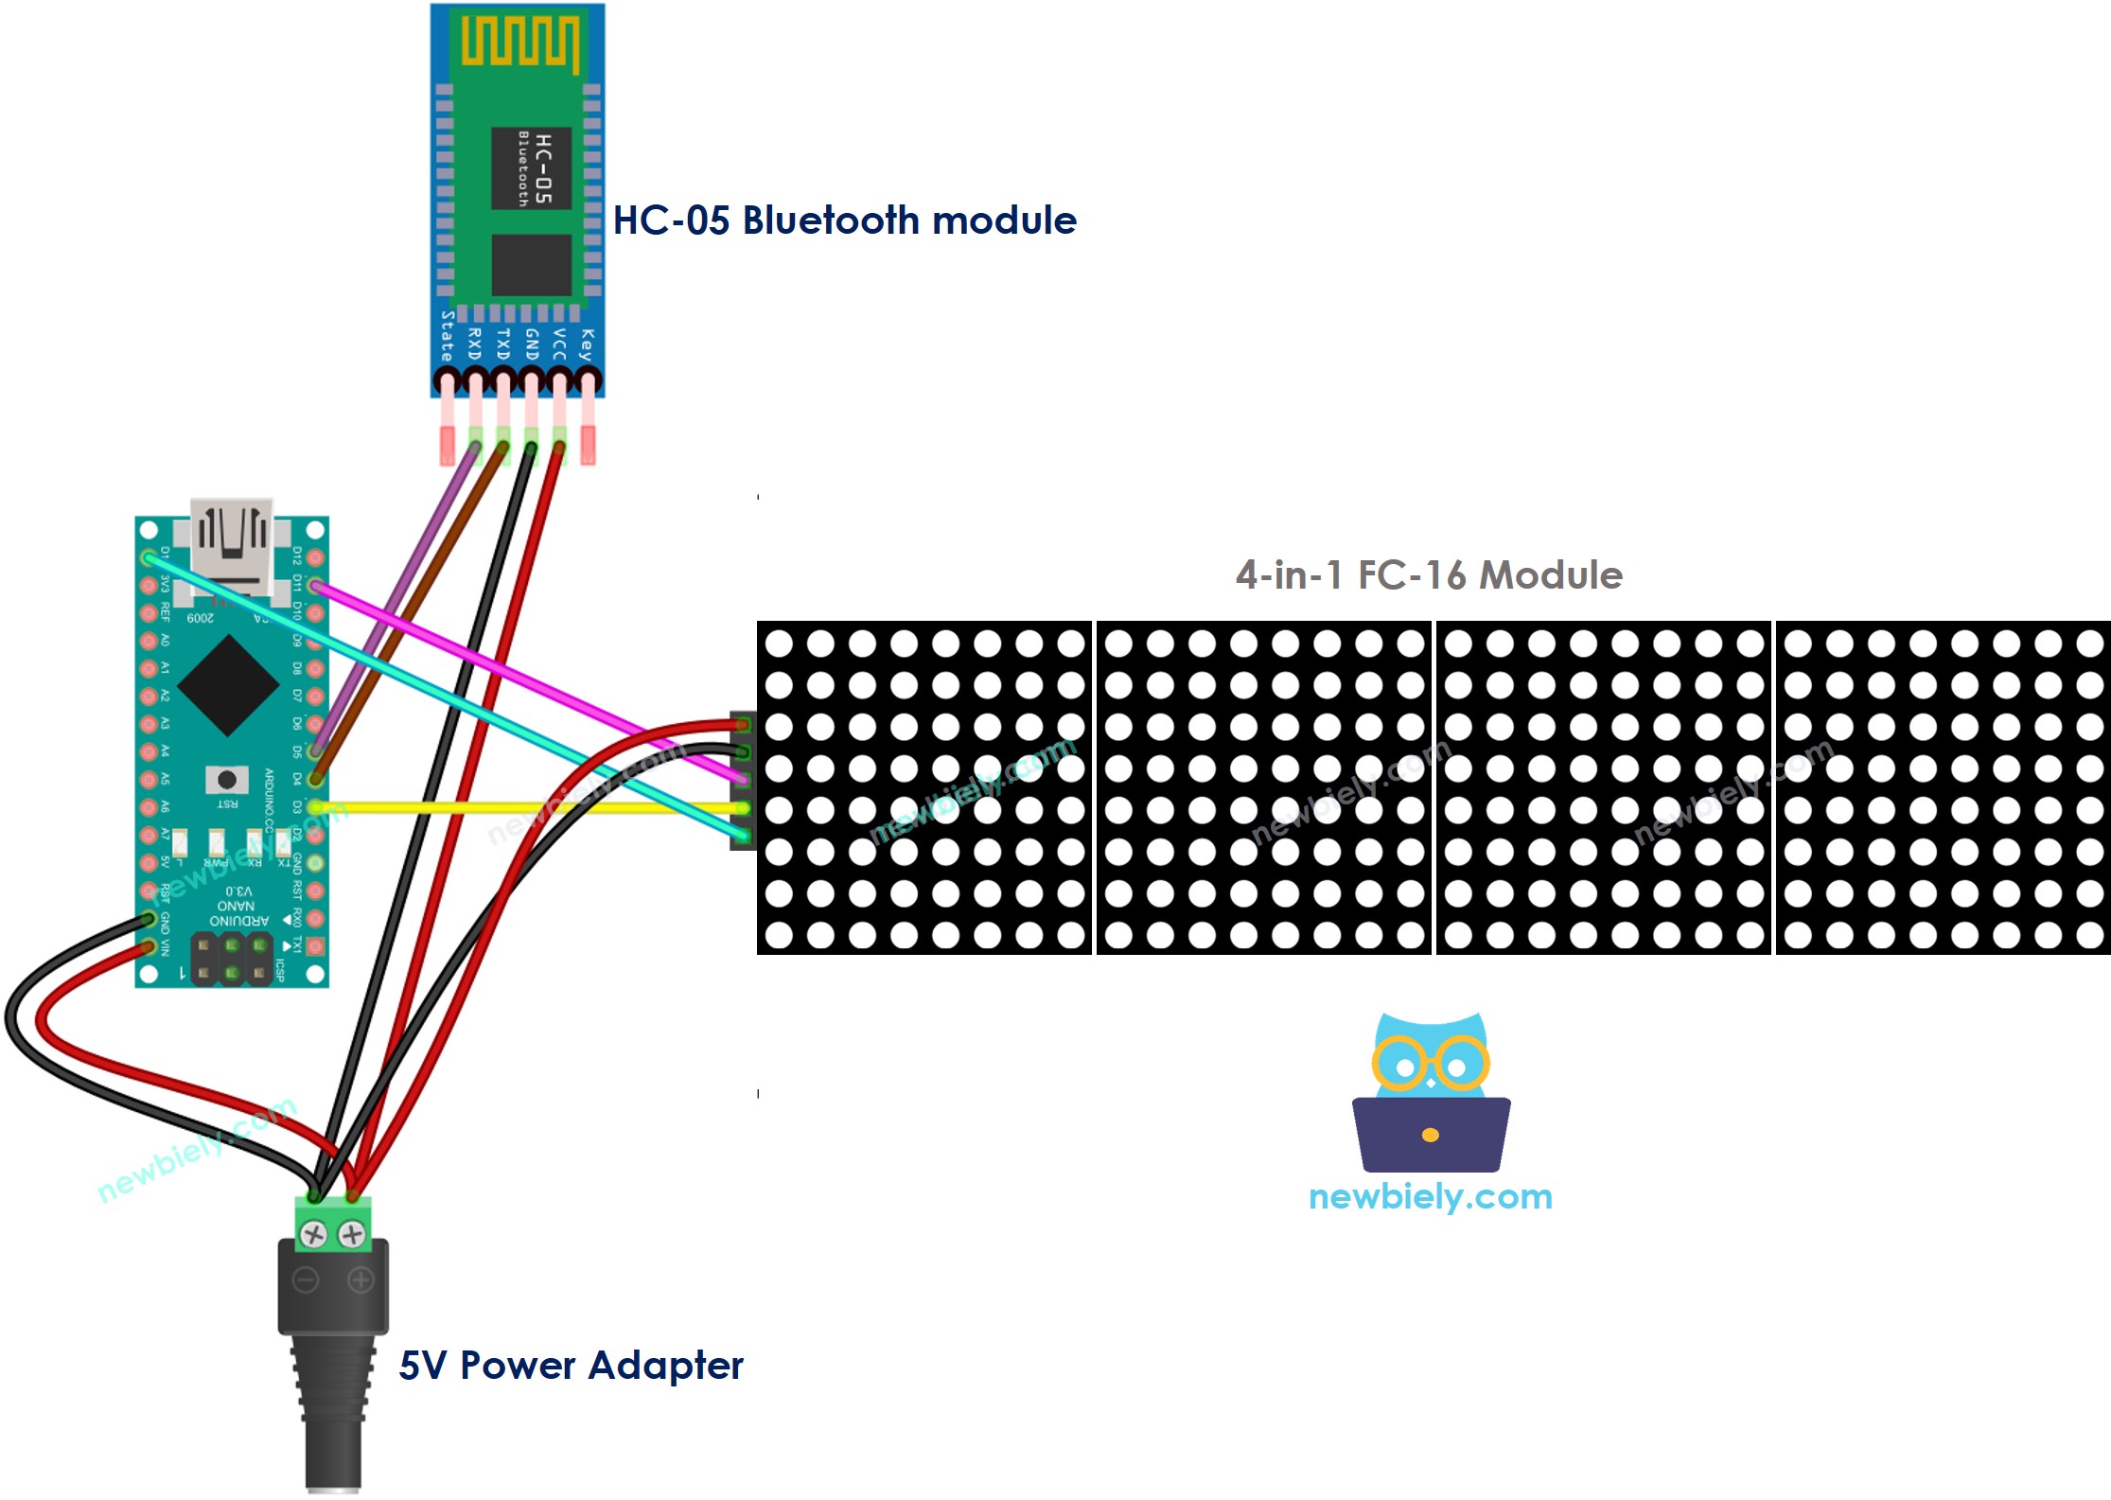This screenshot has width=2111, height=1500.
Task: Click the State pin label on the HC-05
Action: (x=448, y=336)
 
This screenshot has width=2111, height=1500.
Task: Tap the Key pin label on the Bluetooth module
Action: (x=588, y=344)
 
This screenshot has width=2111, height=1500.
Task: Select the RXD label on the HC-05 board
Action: (x=475, y=344)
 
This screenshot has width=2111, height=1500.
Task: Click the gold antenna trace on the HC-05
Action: (x=519, y=42)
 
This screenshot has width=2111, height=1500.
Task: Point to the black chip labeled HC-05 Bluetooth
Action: (x=531, y=168)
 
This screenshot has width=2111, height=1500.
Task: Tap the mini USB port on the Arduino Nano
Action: (x=232, y=544)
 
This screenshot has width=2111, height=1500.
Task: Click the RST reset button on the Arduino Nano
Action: (x=227, y=780)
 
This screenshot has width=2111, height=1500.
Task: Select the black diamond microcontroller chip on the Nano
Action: (x=228, y=686)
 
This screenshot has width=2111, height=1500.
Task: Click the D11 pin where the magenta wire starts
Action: (x=315, y=587)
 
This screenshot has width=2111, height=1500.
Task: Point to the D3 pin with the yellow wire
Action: (x=315, y=807)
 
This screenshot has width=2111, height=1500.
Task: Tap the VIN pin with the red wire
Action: (x=149, y=946)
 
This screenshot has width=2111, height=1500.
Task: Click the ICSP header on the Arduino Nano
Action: (x=232, y=958)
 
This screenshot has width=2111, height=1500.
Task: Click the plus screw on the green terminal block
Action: (x=352, y=1234)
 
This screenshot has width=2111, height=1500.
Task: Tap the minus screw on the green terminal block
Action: (x=313, y=1234)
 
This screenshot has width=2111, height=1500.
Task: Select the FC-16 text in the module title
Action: (x=1411, y=575)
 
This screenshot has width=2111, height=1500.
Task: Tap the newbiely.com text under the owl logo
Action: (x=1430, y=1197)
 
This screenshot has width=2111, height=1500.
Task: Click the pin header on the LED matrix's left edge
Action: (x=743, y=781)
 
